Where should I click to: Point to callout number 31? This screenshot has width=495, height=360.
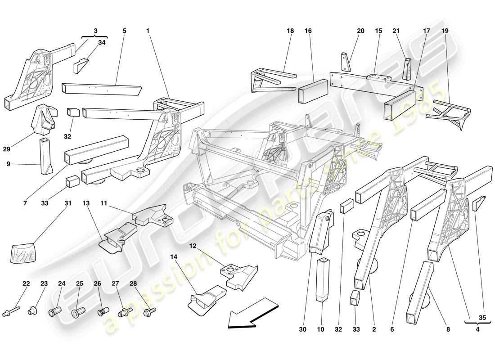pyautogui.click(x=67, y=203)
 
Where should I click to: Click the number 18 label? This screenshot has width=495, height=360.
pyautogui.click(x=290, y=31)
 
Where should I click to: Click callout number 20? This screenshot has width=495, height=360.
pyautogui.click(x=360, y=31)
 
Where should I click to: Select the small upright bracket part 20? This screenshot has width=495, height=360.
pyautogui.click(x=345, y=61)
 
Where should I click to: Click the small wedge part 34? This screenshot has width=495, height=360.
pyautogui.click(x=81, y=65)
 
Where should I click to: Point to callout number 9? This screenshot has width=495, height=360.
pyautogui.click(x=8, y=164)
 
